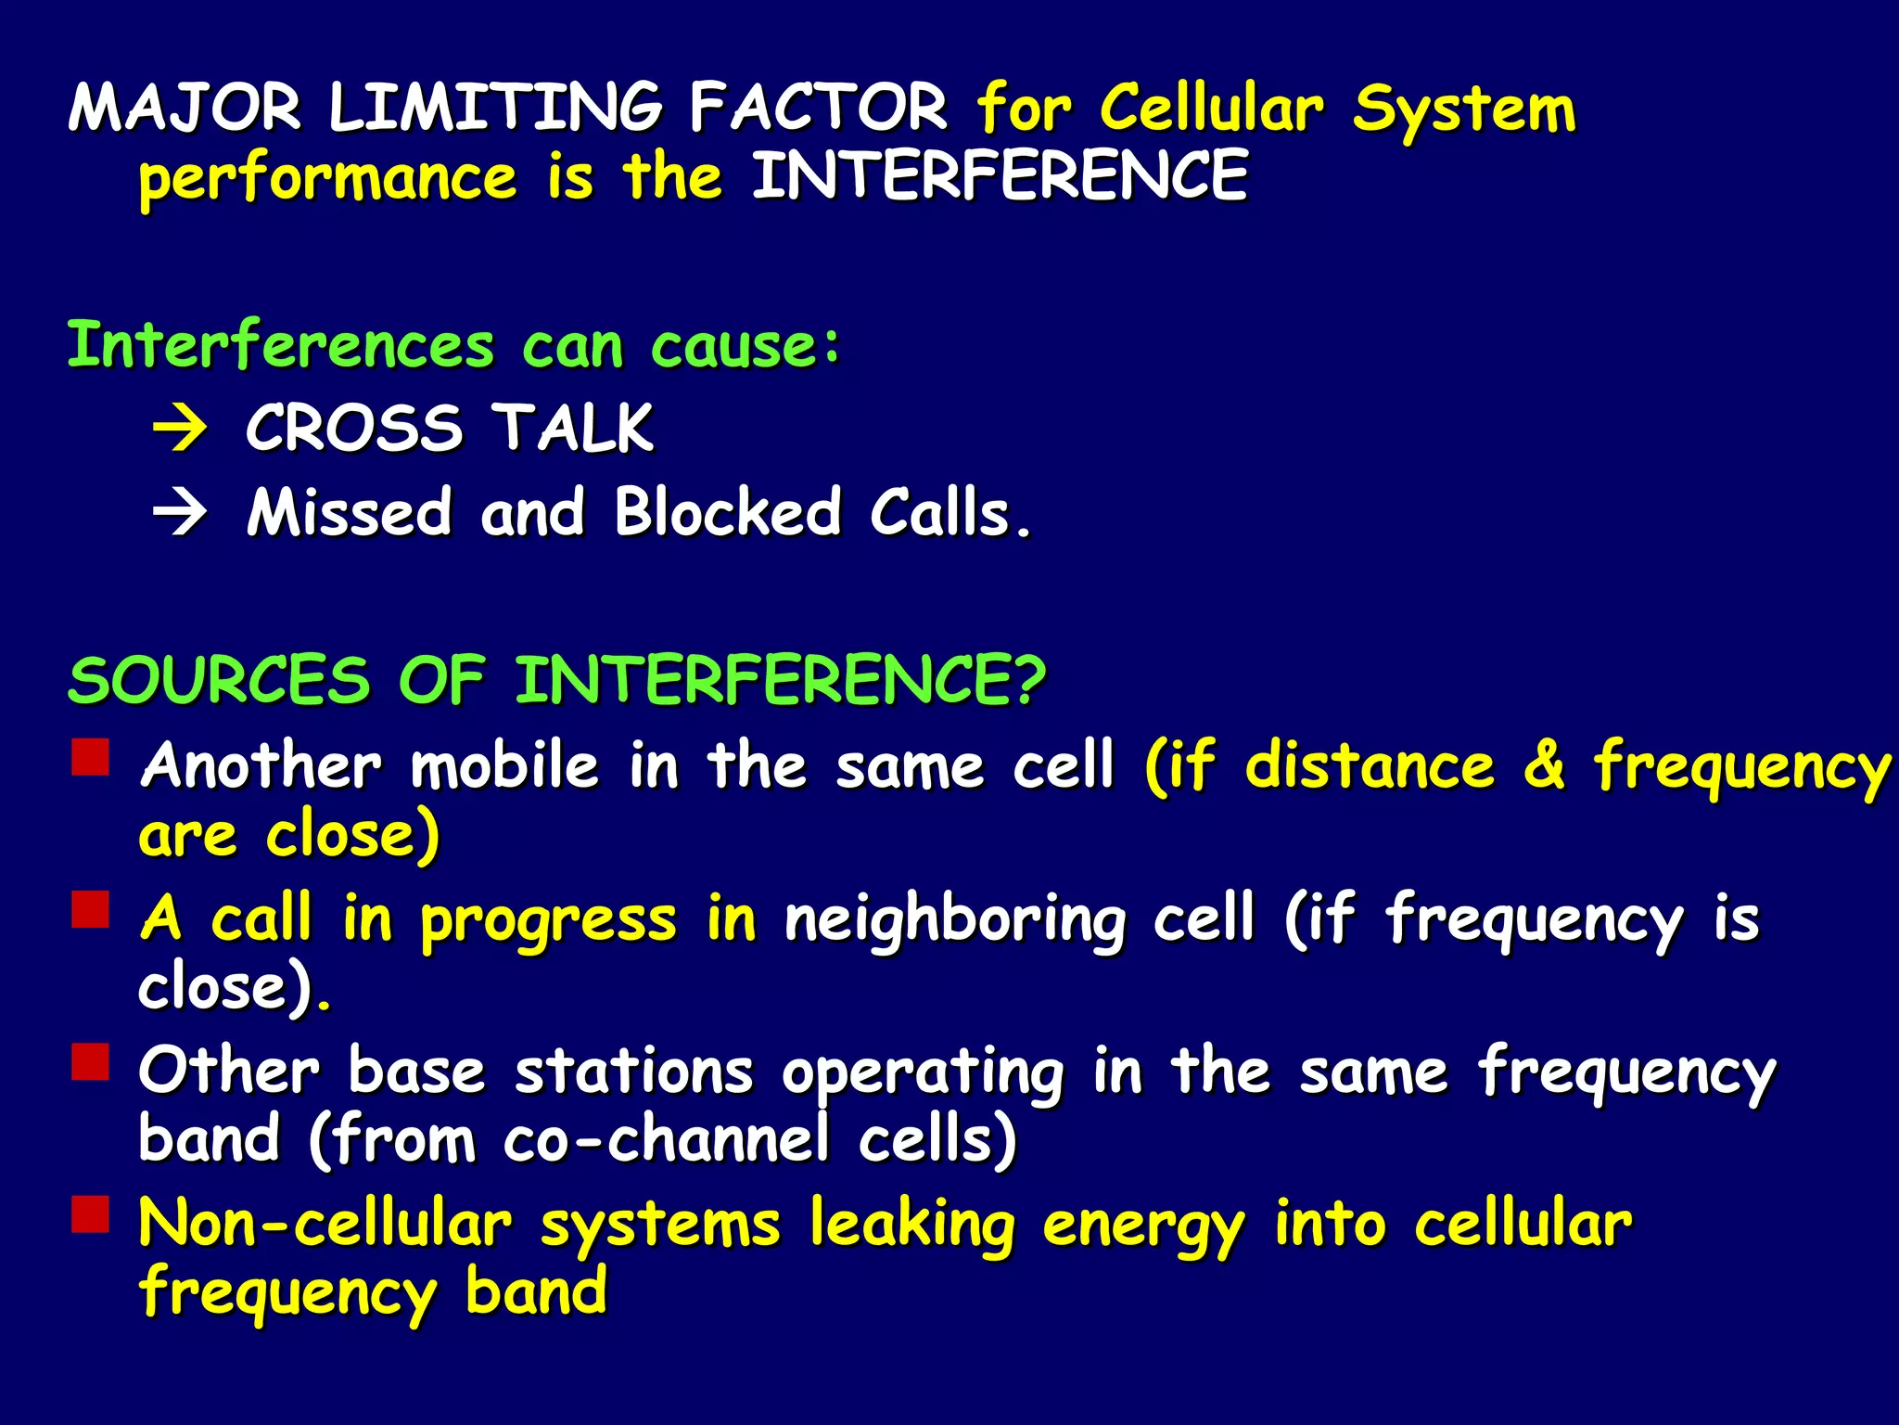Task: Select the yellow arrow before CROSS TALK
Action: [180, 430]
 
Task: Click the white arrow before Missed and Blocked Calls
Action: [180, 513]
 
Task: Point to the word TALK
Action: [572, 429]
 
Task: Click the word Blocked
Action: [728, 512]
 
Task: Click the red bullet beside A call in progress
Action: [91, 910]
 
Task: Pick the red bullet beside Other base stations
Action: [91, 1062]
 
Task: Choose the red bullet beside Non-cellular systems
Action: [91, 1214]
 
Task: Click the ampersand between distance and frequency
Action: [1544, 766]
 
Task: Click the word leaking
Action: [912, 1225]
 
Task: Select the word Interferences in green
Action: [281, 345]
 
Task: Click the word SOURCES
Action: [220, 680]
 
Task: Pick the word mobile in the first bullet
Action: [505, 766]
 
